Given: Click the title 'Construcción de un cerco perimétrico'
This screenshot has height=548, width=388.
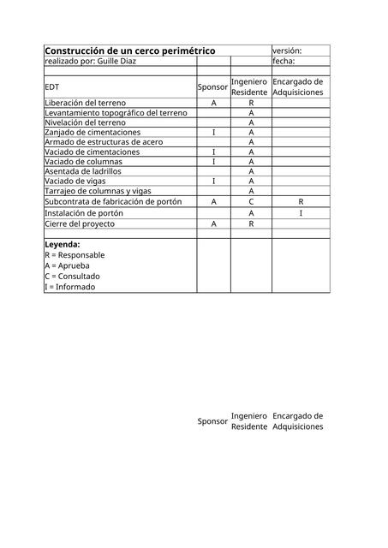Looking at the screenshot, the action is tap(129, 51).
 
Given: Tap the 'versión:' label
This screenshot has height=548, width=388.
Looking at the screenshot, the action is tap(287, 51).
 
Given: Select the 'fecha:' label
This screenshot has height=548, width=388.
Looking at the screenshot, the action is tap(284, 62).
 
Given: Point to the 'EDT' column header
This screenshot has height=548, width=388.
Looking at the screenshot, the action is tap(52, 87).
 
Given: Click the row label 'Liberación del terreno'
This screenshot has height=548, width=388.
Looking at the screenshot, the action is tap(85, 103).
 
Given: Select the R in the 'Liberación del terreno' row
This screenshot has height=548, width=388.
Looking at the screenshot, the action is tap(251, 103).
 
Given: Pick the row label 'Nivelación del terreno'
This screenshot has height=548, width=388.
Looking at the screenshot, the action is tap(85, 122).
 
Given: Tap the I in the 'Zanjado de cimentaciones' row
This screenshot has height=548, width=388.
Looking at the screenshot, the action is tap(213, 133).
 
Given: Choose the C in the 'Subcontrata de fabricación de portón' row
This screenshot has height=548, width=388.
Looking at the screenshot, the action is tap(251, 201).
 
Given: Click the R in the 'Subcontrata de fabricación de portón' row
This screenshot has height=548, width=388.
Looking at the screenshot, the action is tap(301, 201).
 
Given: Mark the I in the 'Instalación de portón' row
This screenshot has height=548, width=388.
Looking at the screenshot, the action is tap(301, 213).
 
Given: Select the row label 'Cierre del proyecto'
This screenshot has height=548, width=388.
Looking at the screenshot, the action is tap(80, 224).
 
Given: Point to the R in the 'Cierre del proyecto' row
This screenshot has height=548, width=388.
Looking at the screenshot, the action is tap(251, 224).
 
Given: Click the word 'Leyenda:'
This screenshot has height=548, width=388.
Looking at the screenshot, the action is tap(63, 244).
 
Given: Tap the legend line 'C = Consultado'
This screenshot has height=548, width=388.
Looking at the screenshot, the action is tap(72, 277).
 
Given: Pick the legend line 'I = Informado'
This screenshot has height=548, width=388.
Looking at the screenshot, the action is tap(70, 288).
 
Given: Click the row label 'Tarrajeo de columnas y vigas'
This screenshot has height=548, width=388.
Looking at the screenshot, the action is tap(97, 191).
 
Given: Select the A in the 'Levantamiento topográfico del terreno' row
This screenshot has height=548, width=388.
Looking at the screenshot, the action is tap(251, 113).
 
